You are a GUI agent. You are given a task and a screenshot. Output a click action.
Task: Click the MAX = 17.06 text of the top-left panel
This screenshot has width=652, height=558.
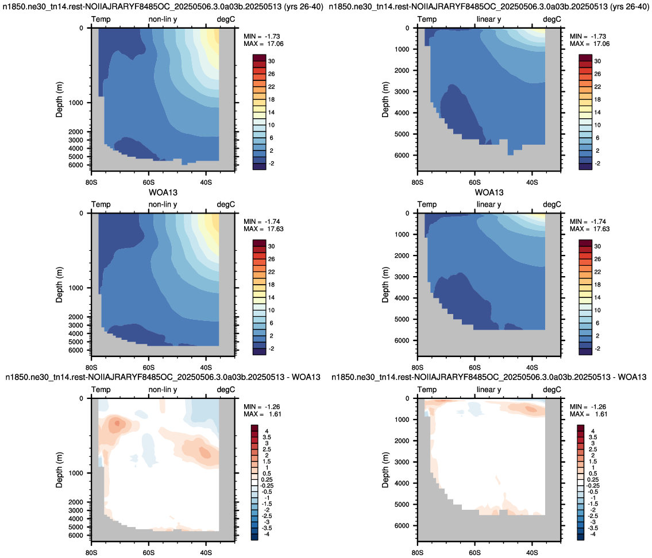tap(264, 44)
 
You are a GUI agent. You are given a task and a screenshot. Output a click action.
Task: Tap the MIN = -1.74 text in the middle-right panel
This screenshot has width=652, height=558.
tap(588, 222)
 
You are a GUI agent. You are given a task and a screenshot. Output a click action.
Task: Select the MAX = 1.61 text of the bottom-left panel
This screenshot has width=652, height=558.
tap(263, 414)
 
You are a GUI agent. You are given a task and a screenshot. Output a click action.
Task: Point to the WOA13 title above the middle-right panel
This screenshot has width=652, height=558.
tap(489, 192)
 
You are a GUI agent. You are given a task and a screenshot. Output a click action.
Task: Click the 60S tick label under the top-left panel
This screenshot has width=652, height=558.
tap(148, 182)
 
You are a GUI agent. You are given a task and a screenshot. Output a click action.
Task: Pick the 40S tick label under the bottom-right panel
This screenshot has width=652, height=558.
tap(532, 553)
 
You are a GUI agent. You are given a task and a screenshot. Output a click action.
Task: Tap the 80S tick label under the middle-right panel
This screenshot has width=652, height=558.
tap(418, 367)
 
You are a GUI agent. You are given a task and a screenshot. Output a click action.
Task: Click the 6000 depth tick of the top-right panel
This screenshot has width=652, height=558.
tap(402, 156)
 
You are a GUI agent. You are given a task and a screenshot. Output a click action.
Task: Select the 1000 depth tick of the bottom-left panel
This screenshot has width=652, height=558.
tap(76, 473)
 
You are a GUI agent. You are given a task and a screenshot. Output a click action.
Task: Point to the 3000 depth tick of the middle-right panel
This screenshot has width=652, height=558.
tap(402, 277)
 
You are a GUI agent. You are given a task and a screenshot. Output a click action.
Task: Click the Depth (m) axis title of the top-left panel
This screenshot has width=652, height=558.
tap(59, 99)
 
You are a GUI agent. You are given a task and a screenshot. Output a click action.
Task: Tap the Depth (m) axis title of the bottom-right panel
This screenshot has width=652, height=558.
tap(385, 470)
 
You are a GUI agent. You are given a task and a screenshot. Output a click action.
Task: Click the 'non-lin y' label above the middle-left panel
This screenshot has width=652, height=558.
tap(163, 204)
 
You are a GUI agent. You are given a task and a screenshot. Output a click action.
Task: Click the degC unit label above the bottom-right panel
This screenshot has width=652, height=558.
tap(552, 390)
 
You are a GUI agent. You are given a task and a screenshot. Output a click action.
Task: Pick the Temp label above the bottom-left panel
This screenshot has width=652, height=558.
tap(101, 390)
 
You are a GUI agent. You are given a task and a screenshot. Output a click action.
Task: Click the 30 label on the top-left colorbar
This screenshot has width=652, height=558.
tap(271, 61)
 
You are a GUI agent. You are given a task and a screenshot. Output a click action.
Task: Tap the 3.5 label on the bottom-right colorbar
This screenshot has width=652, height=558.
tap(593, 437)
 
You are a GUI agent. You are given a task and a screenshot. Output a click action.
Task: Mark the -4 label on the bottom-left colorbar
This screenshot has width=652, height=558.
tap(267, 534)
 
